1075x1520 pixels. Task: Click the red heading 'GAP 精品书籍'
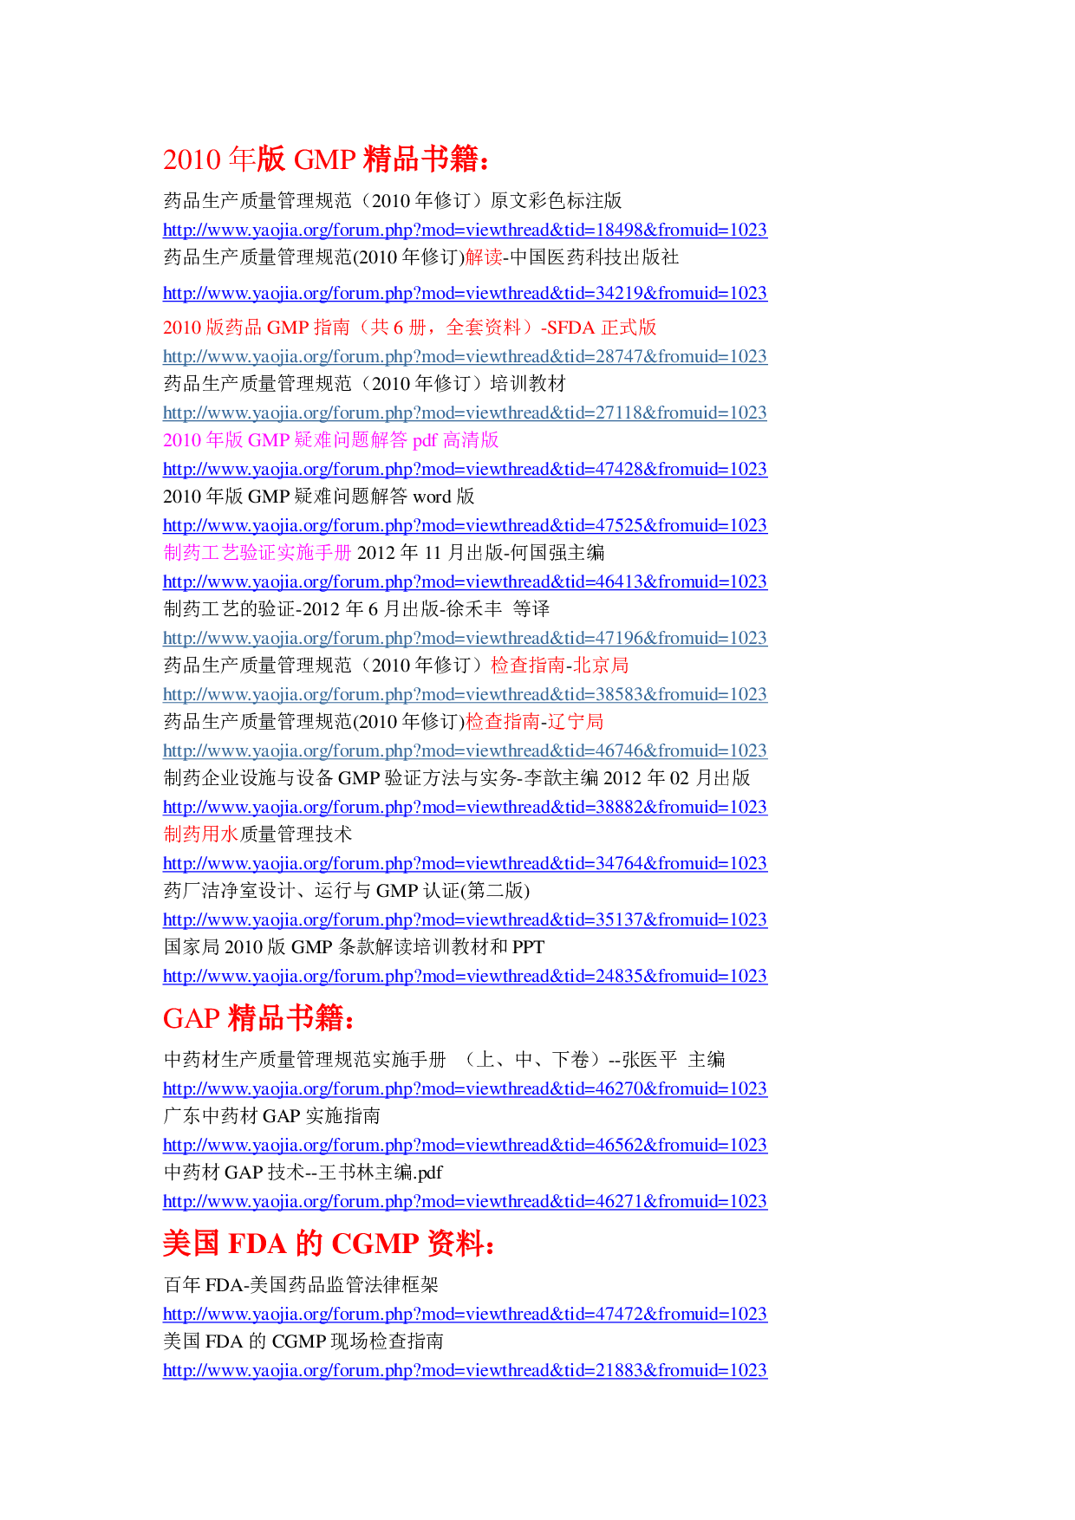257,1018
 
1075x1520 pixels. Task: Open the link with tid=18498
465,231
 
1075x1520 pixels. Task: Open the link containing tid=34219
465,294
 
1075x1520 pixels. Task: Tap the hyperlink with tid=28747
465,357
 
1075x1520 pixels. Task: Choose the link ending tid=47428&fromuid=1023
465,470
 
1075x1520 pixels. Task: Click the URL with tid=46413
465,582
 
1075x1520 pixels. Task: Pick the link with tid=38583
465,695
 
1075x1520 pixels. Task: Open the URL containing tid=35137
465,920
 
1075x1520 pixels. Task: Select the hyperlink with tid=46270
465,1089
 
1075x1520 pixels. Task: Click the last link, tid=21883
465,1371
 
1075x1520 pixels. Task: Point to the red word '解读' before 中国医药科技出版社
484,257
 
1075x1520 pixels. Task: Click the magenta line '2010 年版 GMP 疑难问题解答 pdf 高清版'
330,440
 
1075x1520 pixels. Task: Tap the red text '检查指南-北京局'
559,666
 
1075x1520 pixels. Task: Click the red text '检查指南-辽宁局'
534,722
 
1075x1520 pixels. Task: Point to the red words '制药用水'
200,835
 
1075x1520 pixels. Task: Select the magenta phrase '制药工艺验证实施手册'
257,553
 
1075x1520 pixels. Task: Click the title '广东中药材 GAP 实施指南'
271,1116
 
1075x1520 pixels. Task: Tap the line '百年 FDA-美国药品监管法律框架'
300,1285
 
